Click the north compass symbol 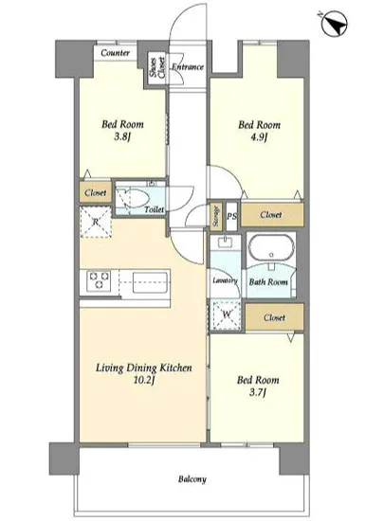335,24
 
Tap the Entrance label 188,67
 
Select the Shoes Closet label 157,68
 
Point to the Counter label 115,53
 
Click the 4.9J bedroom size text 259,137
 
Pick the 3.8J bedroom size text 122,137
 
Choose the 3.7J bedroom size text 258,393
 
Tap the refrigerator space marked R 96,222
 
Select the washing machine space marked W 227,314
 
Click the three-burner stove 99,280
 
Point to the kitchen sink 150,283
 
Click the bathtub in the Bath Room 271,249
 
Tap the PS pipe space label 232,216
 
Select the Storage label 216,216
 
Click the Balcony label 192,479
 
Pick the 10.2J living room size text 143,380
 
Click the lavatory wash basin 226,242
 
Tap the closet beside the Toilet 96,192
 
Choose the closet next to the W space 275,317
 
